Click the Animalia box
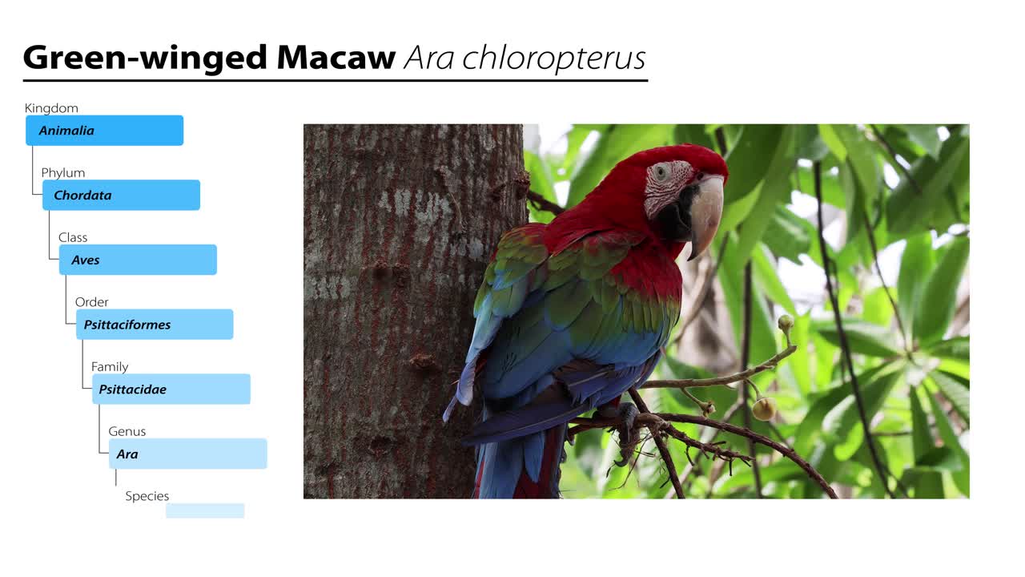point(104,131)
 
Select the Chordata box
point(121,196)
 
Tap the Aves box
point(138,260)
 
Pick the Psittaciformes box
point(155,325)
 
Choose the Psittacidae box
point(171,389)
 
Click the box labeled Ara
point(188,454)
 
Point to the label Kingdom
point(51,108)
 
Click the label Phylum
point(63,173)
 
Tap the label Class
point(73,237)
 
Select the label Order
point(92,302)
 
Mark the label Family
point(110,367)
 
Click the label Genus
point(127,431)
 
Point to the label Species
point(147,496)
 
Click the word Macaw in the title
point(336,58)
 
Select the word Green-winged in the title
point(145,58)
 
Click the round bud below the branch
point(764,410)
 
